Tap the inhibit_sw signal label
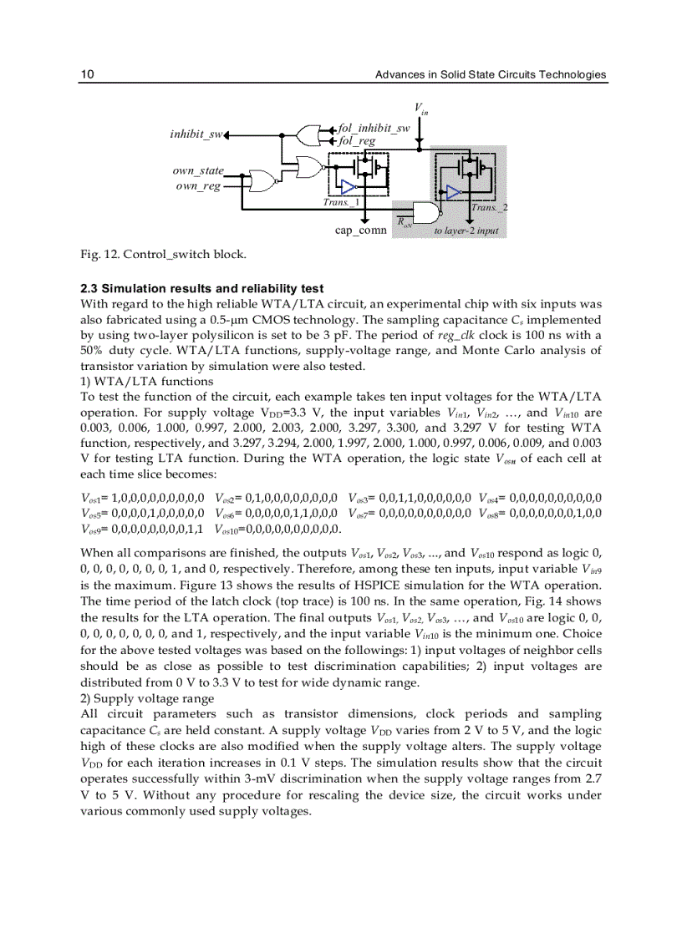tap(195, 134)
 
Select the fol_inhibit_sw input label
tap(373, 129)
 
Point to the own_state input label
tap(198, 171)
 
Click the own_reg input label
tap(198, 185)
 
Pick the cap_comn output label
tap(360, 231)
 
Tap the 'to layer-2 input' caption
tap(466, 230)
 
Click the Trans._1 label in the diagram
tap(341, 202)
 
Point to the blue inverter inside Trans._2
tap(453, 192)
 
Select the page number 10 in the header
tap(86, 75)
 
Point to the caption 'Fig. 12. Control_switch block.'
tap(162, 253)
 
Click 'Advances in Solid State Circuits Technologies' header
tap(490, 75)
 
